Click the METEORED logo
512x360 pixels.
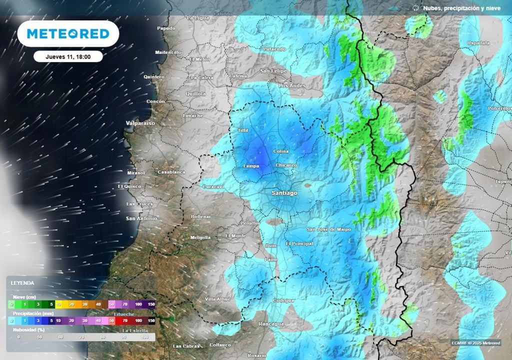[x=68, y=34]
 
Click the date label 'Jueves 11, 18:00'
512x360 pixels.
[x=68, y=56]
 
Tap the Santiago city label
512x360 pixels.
[x=284, y=192]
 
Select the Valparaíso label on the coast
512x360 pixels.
[x=140, y=122]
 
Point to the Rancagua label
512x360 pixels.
[x=271, y=324]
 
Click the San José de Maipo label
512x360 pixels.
[x=328, y=229]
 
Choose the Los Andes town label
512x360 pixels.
[x=291, y=85]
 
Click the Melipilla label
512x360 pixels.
[x=201, y=237]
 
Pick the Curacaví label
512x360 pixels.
[x=212, y=186]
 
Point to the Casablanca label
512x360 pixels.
[x=171, y=172]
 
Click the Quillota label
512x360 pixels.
[x=195, y=93]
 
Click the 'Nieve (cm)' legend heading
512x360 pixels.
[x=24, y=296]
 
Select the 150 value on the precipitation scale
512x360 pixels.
[x=151, y=320]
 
